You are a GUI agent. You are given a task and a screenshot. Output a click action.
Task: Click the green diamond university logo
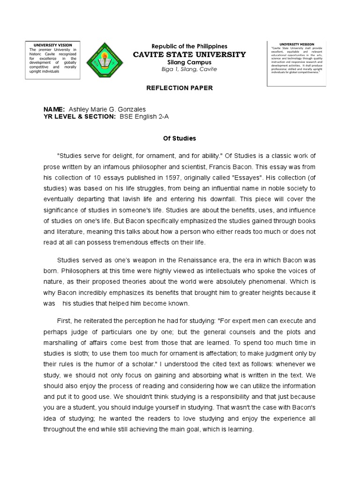[x=107, y=60]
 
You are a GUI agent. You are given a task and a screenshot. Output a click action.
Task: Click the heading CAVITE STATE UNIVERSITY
[x=190, y=54]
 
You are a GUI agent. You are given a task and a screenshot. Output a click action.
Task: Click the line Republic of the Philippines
[x=189, y=46]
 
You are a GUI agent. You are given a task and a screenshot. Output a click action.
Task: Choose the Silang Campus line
[x=189, y=62]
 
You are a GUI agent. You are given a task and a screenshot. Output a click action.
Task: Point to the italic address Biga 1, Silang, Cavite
[x=189, y=69]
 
